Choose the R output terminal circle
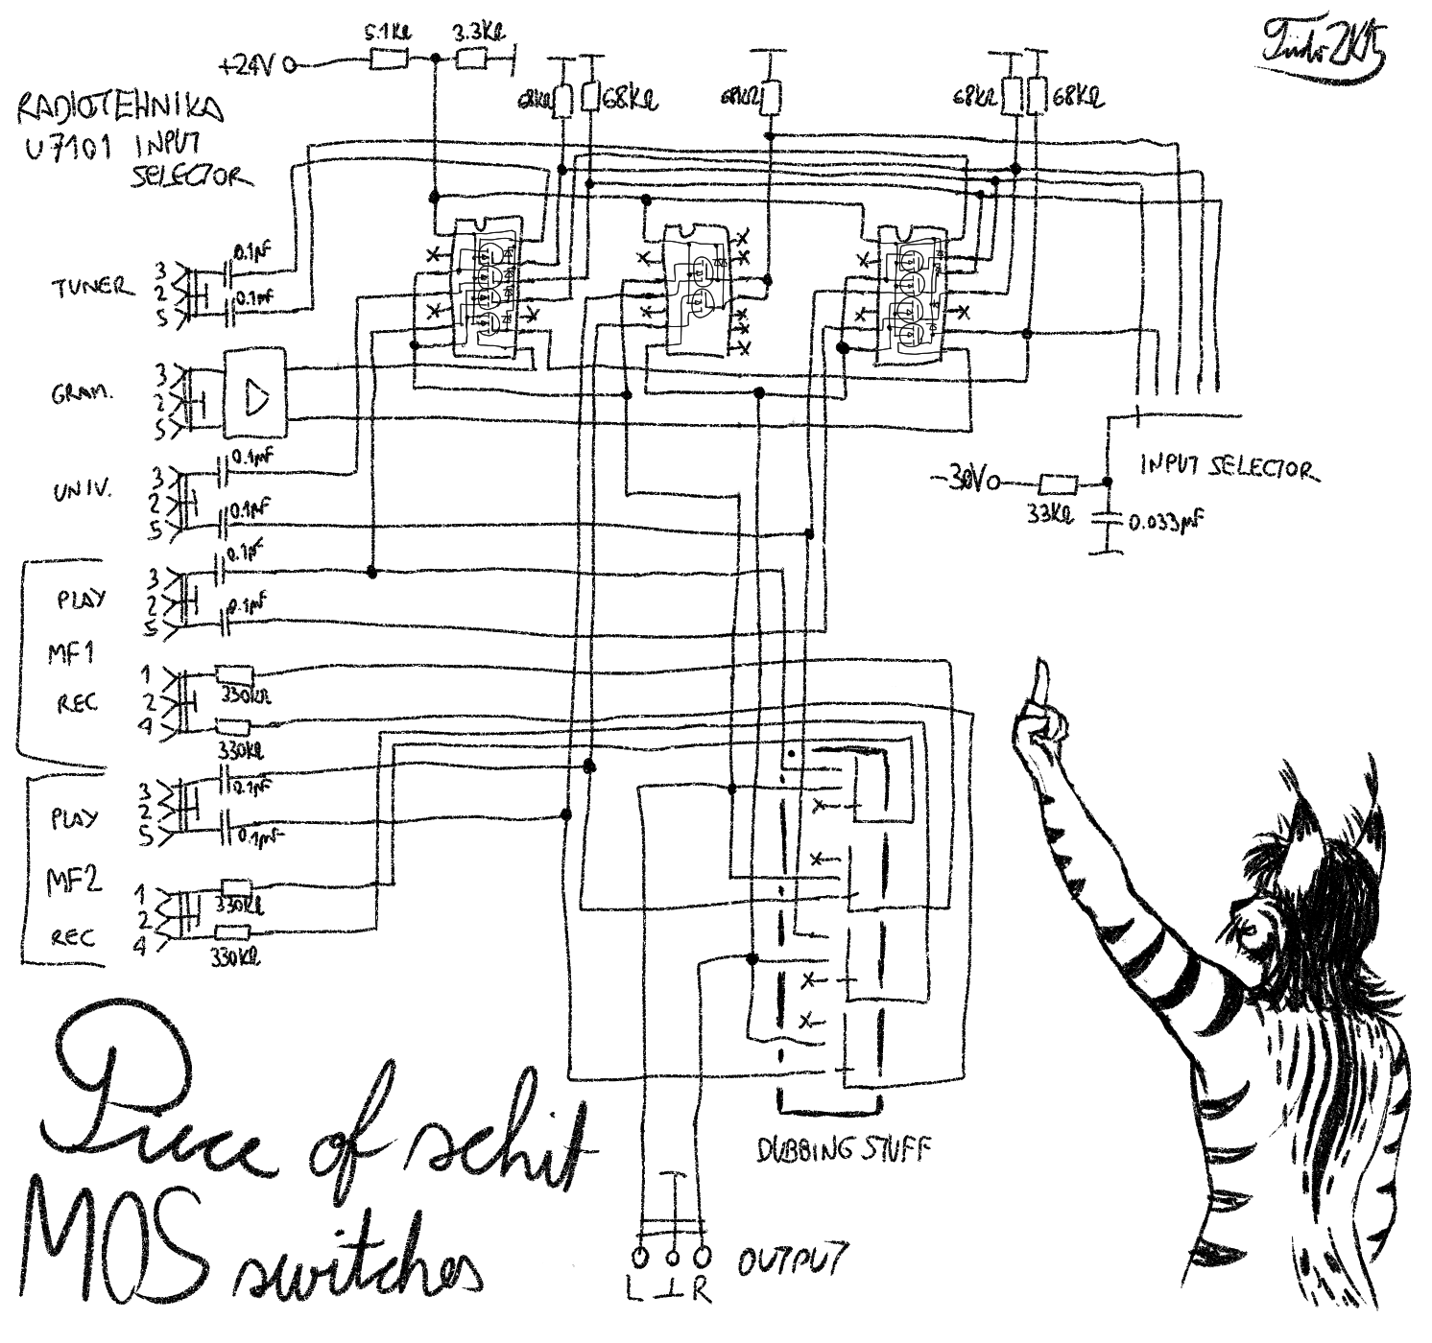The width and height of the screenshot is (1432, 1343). [704, 1256]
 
